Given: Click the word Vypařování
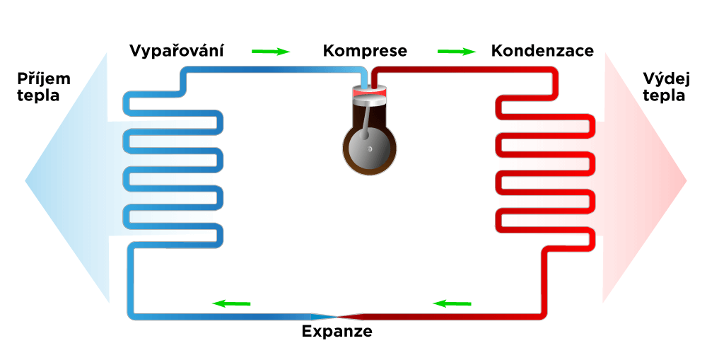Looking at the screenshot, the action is pyautogui.click(x=176, y=50).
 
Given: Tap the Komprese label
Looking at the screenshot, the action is pyautogui.click(x=365, y=51).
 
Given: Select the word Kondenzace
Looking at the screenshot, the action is pyautogui.click(x=542, y=50).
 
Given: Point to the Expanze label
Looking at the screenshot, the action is pyautogui.click(x=337, y=332).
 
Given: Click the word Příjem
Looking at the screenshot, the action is pyautogui.click(x=44, y=79).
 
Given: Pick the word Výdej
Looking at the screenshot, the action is pyautogui.click(x=667, y=79).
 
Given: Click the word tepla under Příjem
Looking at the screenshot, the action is pyautogui.click(x=38, y=95).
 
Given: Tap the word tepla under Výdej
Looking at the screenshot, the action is pyautogui.click(x=664, y=95).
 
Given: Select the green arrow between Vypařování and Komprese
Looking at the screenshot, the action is pyautogui.click(x=271, y=52).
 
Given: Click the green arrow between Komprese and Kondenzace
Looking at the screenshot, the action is pyautogui.click(x=456, y=52).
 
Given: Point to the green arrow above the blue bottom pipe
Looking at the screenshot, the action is pyautogui.click(x=231, y=303).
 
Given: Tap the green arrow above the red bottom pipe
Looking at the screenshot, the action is pyautogui.click(x=452, y=303).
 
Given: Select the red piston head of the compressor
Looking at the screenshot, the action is pyautogui.click(x=370, y=92).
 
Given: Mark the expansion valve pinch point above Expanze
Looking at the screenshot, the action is pyautogui.click(x=337, y=316).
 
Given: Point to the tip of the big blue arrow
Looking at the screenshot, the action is pyautogui.click(x=25, y=181).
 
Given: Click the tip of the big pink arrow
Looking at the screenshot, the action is pyautogui.click(x=686, y=181).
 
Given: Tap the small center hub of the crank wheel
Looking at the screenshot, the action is pyautogui.click(x=370, y=149).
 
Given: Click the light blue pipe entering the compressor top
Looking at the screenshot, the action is pyautogui.click(x=364, y=80).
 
